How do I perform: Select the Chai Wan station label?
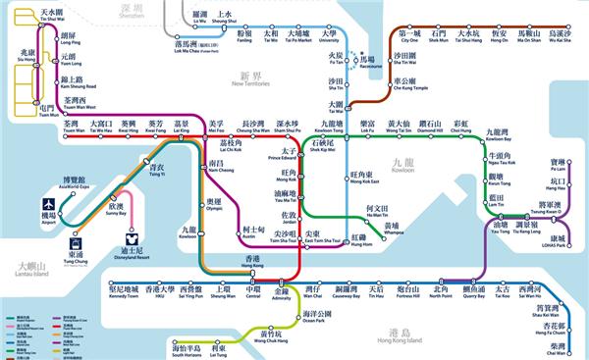(559, 350)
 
